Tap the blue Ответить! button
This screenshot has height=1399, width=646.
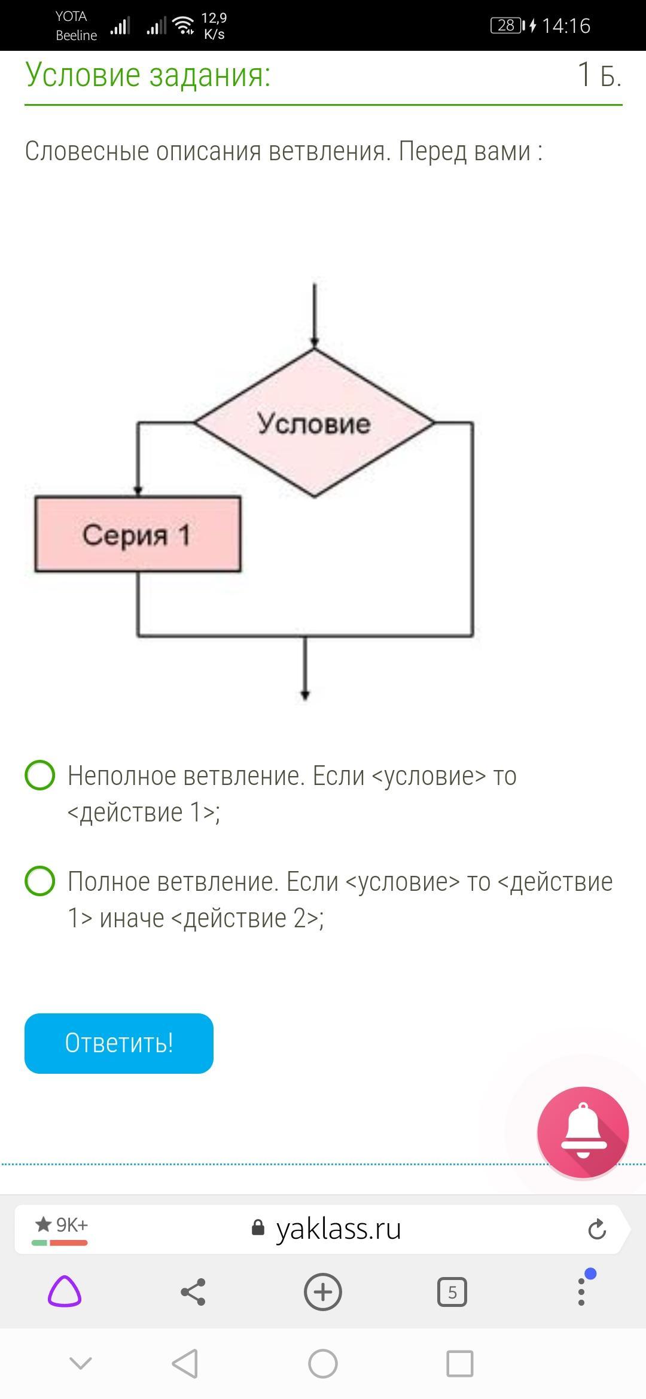coord(118,1043)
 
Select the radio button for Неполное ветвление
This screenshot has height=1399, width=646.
coord(40,775)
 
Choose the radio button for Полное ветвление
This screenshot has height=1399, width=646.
coord(40,881)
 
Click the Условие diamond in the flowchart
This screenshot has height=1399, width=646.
coord(314,423)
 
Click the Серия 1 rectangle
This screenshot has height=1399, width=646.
coord(138,534)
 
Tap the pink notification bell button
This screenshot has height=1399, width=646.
coord(583,1132)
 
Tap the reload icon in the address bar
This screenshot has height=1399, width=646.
coord(597,1230)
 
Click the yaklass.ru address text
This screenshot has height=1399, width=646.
coord(338,1229)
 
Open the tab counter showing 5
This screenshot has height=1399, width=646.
coord(452,1292)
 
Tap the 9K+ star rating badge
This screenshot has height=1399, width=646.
coord(60,1227)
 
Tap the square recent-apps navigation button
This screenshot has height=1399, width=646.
coord(459,1364)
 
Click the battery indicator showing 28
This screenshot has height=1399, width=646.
coord(506,26)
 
